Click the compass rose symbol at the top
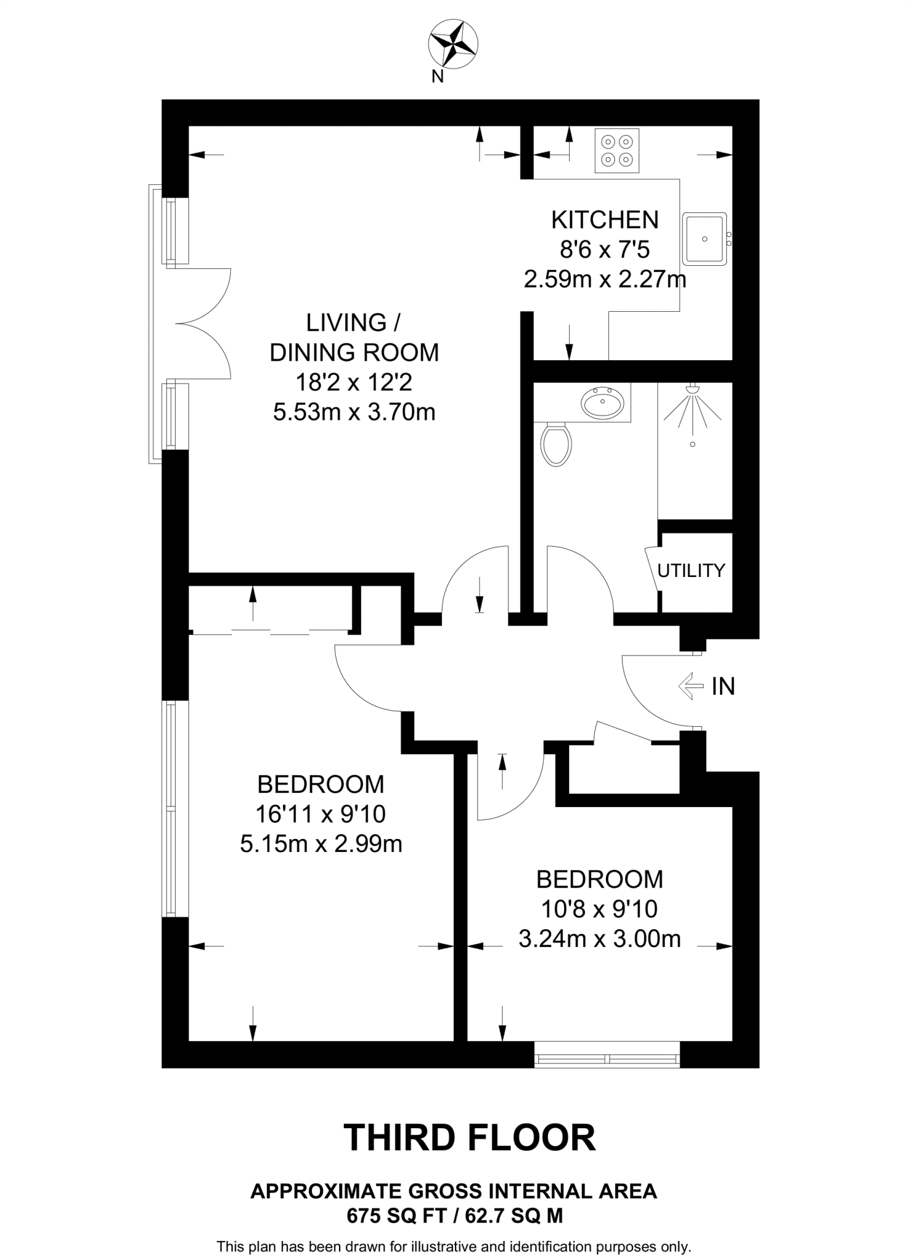(x=452, y=43)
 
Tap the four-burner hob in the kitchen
(x=616, y=150)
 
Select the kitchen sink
(x=705, y=238)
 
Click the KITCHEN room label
(x=605, y=220)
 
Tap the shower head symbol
(x=693, y=405)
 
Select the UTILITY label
(x=691, y=571)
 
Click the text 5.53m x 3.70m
(x=354, y=412)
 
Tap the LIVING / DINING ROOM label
(x=354, y=338)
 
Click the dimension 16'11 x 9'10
(x=320, y=814)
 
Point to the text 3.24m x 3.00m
(x=599, y=939)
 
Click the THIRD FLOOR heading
(x=469, y=1137)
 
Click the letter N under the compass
(x=437, y=77)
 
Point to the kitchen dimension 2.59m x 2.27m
(x=605, y=280)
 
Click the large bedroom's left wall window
(x=174, y=810)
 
